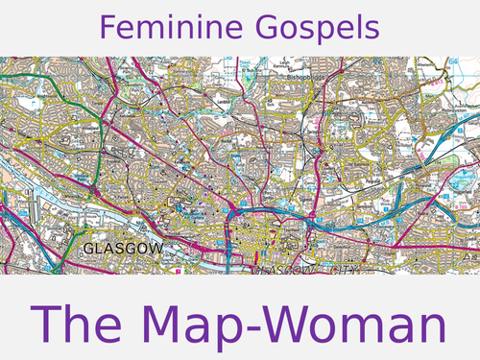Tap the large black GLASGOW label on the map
tap(124, 249)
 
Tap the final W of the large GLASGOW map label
tap(157, 249)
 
